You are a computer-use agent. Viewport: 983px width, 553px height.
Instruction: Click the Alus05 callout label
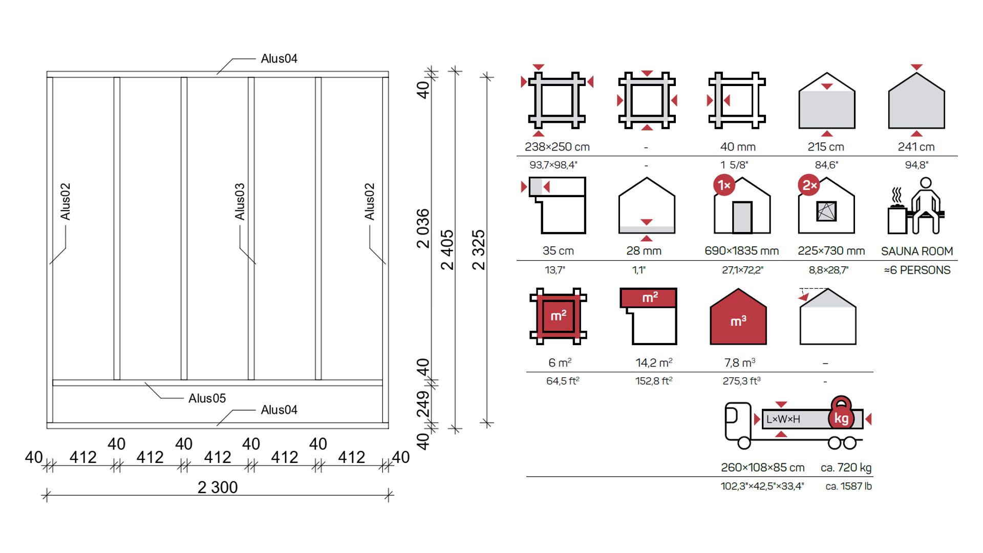pos(207,398)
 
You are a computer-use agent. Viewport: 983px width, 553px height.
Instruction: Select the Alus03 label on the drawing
pos(240,202)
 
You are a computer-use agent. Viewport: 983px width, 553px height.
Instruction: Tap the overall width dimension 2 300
pos(218,487)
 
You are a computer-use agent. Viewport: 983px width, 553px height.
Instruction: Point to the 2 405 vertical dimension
pos(447,249)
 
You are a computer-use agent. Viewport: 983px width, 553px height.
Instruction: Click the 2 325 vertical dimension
pos(478,249)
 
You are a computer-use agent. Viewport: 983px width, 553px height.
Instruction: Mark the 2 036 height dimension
pos(423,228)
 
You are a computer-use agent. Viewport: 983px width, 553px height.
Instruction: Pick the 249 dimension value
pos(423,404)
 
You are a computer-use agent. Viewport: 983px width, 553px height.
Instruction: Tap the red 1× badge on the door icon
pos(724,185)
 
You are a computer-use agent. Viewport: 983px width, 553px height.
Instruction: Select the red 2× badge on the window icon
pos(809,185)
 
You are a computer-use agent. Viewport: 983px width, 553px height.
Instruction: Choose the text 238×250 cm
pos(557,147)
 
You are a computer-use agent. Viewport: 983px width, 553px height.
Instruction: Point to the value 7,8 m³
pos(739,363)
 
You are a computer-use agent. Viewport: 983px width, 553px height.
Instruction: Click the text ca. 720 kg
pos(846,467)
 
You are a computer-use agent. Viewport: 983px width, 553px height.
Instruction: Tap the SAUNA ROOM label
pos(917,251)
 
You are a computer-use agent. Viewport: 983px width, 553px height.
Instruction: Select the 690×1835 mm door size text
pos(741,251)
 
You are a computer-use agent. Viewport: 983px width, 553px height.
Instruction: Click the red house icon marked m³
pos(738,316)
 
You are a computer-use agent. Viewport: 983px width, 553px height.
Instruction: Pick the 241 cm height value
pos(916,147)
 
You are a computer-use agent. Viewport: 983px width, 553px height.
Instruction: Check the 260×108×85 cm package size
pos(762,467)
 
